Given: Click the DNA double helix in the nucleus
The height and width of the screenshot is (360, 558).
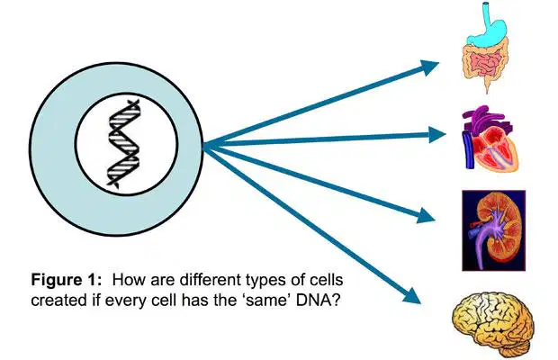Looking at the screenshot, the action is [x=123, y=143].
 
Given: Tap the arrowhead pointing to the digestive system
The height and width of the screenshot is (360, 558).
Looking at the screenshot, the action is [x=428, y=67].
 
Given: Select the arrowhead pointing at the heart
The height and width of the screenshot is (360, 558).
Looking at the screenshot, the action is [x=436, y=135].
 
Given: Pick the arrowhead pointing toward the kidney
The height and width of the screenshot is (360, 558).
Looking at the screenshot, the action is [x=425, y=215].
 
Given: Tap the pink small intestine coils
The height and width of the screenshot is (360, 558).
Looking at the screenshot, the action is [x=484, y=63].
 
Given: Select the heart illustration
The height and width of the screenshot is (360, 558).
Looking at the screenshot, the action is [x=490, y=139].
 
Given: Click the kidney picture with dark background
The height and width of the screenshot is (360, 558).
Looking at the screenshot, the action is [x=493, y=230].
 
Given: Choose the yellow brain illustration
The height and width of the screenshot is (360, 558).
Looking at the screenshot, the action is [x=493, y=323].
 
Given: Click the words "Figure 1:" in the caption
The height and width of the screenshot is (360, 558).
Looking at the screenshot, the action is [x=67, y=280].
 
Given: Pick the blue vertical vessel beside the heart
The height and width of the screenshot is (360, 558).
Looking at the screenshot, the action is [x=468, y=149].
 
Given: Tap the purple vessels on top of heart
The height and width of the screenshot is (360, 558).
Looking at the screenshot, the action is [x=486, y=118].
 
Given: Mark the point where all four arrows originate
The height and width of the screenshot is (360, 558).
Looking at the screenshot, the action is [x=203, y=146].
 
